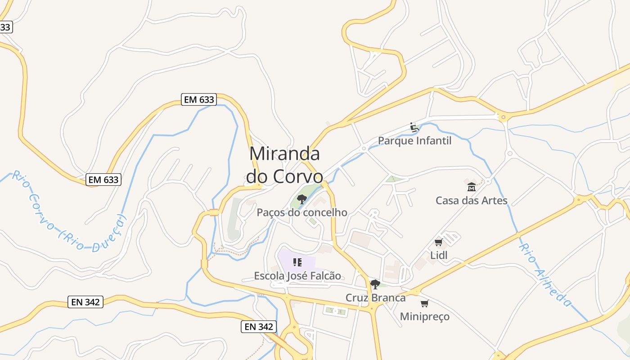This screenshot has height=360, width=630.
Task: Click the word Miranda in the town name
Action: click(x=284, y=154)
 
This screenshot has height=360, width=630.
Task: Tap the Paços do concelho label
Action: click(x=302, y=212)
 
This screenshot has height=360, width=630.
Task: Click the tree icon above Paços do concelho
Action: click(x=301, y=199)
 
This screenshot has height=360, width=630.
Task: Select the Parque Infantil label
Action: click(x=414, y=141)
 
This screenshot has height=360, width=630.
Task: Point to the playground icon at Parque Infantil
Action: click(x=414, y=127)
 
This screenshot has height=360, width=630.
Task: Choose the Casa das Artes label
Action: click(x=471, y=201)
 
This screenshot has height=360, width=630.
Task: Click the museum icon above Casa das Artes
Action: click(x=471, y=187)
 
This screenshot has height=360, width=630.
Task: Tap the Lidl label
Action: click(x=439, y=255)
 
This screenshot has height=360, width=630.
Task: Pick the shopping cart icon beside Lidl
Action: click(x=438, y=243)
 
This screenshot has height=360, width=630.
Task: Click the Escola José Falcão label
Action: click(x=297, y=275)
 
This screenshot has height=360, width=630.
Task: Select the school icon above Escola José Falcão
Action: click(x=297, y=262)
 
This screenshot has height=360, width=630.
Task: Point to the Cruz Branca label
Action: click(x=375, y=297)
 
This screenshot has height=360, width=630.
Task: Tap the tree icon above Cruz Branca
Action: click(x=375, y=284)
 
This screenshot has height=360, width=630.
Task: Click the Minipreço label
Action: click(x=424, y=316)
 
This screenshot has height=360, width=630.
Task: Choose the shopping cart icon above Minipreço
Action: click(x=424, y=304)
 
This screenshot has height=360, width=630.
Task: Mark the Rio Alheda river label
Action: click(x=545, y=275)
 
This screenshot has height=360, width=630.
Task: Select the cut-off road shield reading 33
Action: click(x=5, y=27)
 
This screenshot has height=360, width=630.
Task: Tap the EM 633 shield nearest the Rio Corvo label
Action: click(x=104, y=180)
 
